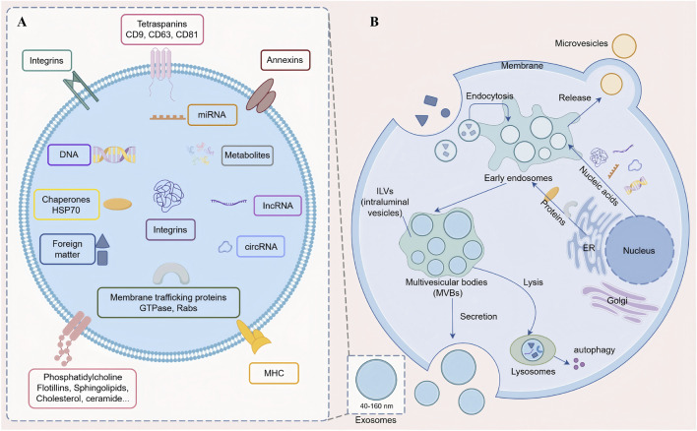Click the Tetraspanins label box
[162, 30]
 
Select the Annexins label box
[285, 60]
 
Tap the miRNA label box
[212, 114]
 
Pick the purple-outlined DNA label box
[69, 154]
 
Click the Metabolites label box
[247, 155]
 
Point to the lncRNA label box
[278, 206]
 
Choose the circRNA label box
[261, 247]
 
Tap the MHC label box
[274, 373]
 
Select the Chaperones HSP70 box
[66, 205]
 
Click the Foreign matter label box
[67, 249]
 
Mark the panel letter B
[374, 22]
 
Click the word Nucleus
[639, 251]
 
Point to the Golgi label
[617, 301]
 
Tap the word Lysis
[533, 282]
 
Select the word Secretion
[478, 317]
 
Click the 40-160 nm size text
[376, 406]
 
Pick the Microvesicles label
[581, 43]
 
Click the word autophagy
[595, 349]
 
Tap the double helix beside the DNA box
[114, 154]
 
